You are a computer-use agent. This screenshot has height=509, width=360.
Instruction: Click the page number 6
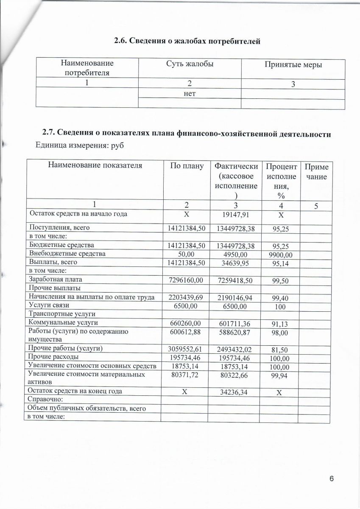click(x=332, y=479)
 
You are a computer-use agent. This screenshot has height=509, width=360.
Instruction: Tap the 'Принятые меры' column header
click(x=293, y=65)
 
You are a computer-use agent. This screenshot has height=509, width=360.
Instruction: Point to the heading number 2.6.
click(x=121, y=41)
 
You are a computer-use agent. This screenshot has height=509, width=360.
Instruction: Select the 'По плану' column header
click(x=187, y=166)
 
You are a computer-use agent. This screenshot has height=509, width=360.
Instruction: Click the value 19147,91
click(x=234, y=215)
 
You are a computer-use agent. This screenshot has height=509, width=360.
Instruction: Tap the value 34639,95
click(x=234, y=263)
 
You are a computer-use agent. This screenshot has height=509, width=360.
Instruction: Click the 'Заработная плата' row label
click(x=53, y=280)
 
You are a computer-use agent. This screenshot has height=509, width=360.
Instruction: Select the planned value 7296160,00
click(x=187, y=280)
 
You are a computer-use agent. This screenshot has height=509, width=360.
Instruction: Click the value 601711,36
click(x=234, y=324)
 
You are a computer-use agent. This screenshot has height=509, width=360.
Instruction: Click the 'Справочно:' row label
click(x=45, y=400)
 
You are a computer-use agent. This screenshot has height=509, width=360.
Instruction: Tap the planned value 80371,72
click(x=187, y=375)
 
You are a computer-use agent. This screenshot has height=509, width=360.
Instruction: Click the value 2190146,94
click(x=234, y=298)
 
